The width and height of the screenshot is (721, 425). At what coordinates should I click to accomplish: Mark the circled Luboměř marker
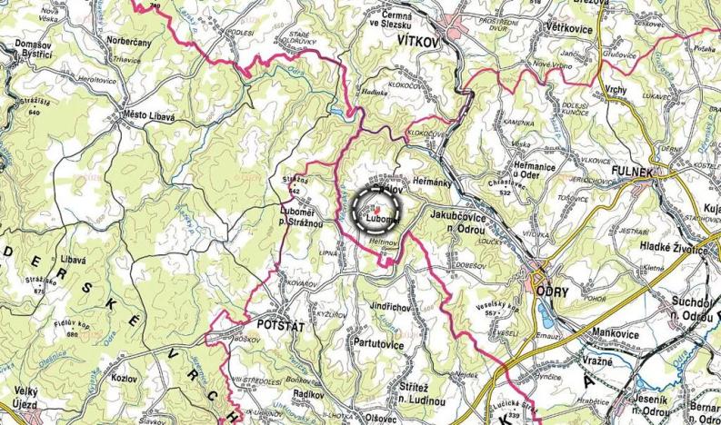(376, 212)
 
